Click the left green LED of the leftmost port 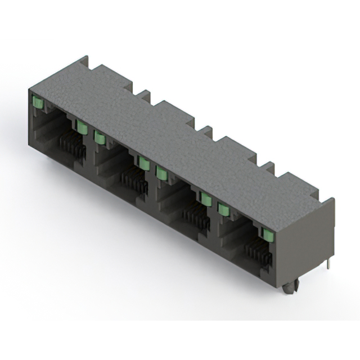click(x=38, y=102)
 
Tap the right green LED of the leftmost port click(x=82, y=127)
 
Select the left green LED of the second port click(x=100, y=137)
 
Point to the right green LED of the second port click(x=144, y=163)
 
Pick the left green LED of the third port click(x=162, y=173)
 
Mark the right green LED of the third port click(x=206, y=199)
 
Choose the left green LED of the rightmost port click(x=224, y=209)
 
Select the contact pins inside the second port click(x=134, y=183)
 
